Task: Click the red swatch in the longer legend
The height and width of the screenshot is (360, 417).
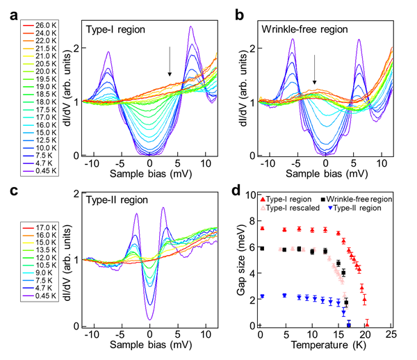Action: click(28, 26)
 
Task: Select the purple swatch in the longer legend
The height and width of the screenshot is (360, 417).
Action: click(28, 171)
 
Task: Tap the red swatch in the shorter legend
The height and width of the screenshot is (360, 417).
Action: click(28, 228)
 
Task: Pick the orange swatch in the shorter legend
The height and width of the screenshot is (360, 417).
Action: click(28, 236)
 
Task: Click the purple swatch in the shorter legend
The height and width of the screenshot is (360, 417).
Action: click(28, 296)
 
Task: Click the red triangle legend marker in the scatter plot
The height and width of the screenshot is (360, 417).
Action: click(263, 199)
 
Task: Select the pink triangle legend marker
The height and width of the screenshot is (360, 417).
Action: click(263, 207)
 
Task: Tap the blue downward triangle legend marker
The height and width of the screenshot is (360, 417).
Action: click(330, 207)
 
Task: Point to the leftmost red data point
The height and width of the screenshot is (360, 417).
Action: click(263, 228)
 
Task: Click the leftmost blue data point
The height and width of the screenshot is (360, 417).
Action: click(263, 296)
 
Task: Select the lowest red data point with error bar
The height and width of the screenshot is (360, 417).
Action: click(367, 322)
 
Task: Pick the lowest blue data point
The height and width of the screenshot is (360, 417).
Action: click(349, 324)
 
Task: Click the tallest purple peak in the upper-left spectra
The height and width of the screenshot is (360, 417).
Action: click(190, 27)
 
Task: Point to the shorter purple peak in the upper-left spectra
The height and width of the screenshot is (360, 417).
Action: click(108, 51)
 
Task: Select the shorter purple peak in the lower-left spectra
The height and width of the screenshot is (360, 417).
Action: click(136, 213)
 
